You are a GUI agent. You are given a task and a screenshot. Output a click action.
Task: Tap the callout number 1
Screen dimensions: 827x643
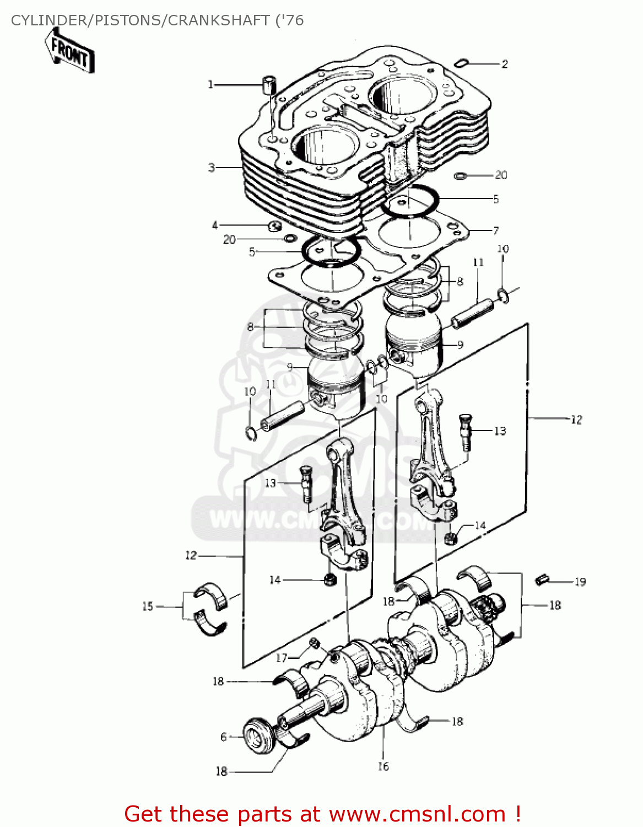(210, 84)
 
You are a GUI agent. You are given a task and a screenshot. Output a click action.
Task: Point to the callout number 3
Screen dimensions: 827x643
(212, 167)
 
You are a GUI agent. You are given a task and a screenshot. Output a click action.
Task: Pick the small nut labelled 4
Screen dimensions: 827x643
(274, 225)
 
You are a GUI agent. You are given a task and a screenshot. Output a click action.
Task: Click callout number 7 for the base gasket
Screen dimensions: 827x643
(496, 230)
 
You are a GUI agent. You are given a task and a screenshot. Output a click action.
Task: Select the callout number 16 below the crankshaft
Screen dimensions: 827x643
(383, 766)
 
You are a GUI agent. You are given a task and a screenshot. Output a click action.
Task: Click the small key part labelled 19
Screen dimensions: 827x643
(542, 579)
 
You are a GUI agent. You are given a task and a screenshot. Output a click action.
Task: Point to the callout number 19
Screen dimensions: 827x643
(580, 582)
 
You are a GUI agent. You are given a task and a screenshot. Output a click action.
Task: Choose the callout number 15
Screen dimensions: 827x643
(148, 606)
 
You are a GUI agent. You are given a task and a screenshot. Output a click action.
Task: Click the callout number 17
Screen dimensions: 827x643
(282, 658)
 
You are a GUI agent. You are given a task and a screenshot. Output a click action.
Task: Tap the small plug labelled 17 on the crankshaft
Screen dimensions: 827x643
(314, 643)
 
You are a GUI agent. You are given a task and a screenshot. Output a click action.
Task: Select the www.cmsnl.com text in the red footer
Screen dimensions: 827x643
(417, 814)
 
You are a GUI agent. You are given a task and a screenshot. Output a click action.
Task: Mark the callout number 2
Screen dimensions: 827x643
(504, 64)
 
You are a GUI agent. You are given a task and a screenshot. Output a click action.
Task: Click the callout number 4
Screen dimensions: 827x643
(215, 225)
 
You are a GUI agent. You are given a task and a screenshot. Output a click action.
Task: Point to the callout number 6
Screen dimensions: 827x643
(224, 737)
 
